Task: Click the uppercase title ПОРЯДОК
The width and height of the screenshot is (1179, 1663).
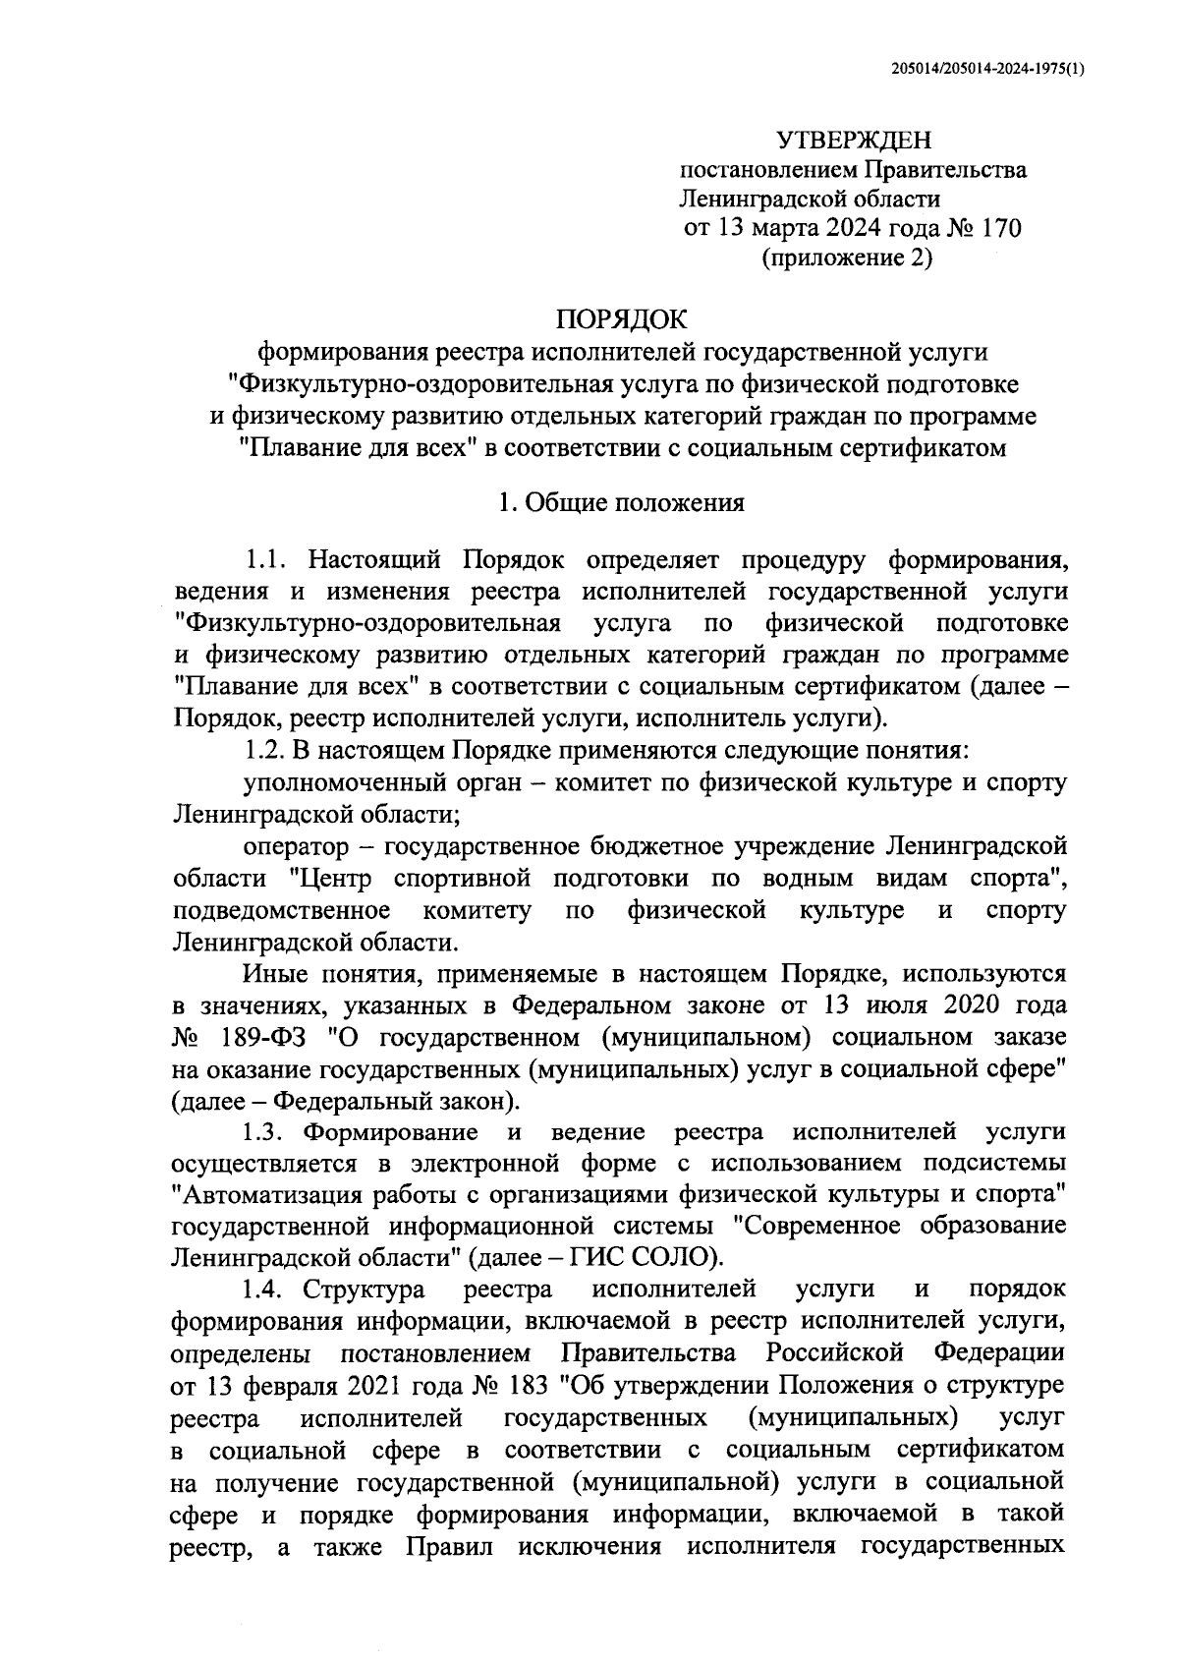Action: click(x=623, y=319)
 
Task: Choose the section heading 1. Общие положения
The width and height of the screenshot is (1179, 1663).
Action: click(x=621, y=503)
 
